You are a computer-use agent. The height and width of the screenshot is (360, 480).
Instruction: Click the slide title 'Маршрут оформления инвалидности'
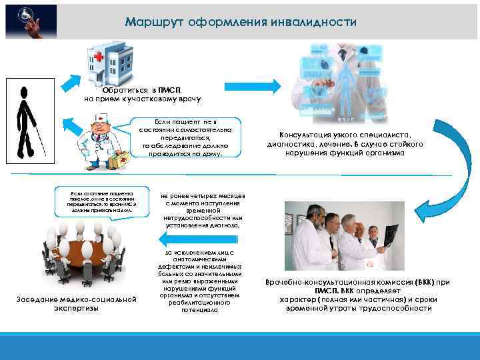(241, 22)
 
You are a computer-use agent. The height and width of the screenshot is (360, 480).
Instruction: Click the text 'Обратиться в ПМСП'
(141, 89)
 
